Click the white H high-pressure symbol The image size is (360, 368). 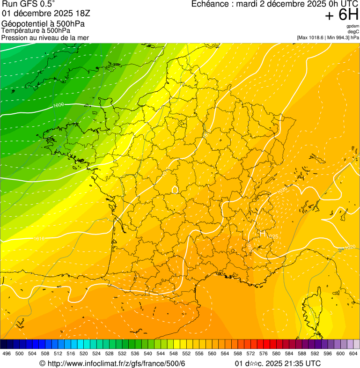point(263,233)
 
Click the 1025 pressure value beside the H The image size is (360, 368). point(273,236)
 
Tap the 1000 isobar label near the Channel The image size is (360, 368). point(59,105)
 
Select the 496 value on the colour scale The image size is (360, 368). point(7,354)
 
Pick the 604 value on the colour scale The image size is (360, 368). point(353,354)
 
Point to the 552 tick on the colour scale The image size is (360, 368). point(186,354)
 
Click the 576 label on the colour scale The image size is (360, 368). point(263,354)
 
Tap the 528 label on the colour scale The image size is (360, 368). point(109,354)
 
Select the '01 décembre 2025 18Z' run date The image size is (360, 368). point(46,13)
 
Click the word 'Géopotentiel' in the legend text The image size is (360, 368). point(23,23)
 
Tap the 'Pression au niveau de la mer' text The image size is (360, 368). point(45,37)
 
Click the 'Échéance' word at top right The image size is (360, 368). point(208,4)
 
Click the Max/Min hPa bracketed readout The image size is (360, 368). point(328,37)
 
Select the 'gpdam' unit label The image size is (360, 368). point(353,26)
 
